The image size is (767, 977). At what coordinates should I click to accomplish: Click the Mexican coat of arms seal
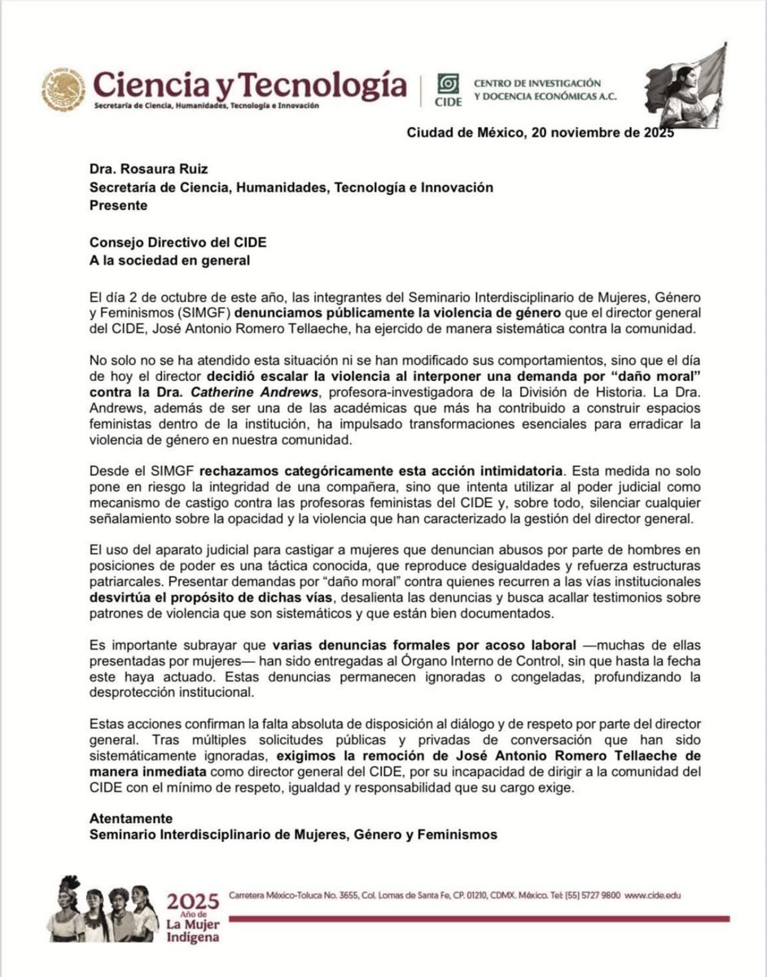pos(64,90)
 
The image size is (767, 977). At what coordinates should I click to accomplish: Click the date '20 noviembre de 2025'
pos(602,134)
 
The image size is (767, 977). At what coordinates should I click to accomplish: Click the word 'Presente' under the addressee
pos(118,205)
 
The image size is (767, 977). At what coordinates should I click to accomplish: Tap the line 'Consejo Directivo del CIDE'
pos(178,243)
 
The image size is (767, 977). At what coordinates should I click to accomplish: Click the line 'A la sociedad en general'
pos(169,260)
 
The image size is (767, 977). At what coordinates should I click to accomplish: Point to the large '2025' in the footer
pos(192,901)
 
